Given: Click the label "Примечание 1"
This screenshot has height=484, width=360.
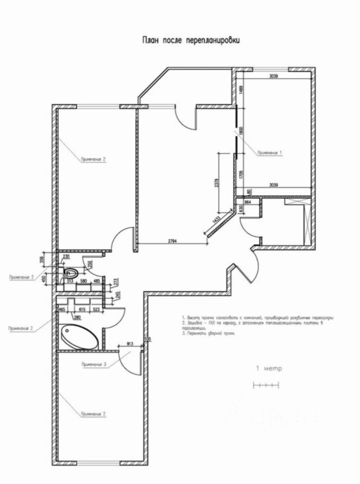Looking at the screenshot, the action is pyautogui.click(x=270, y=152).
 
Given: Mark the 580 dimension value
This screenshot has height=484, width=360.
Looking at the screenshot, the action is pyautogui.click(x=83, y=280).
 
